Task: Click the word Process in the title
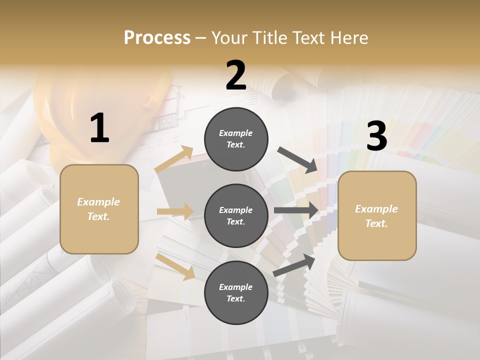point(157,38)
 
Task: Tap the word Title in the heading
point(270,38)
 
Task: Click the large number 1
point(99,128)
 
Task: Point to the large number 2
point(236,75)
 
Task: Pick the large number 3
point(376,136)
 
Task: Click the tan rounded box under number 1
point(99,209)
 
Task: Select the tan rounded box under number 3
point(377,215)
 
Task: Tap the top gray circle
point(236,139)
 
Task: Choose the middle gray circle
point(236,215)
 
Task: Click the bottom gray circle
point(236,292)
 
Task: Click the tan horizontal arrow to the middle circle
point(175,211)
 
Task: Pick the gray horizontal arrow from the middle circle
point(296,210)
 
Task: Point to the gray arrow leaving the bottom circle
point(294,265)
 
